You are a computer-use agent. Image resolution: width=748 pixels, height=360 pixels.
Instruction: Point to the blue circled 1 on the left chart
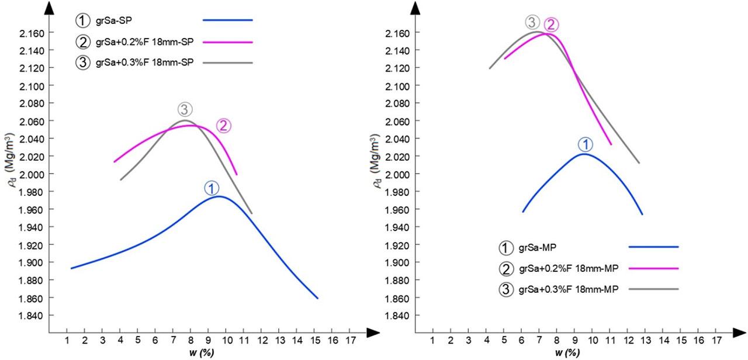(212, 188)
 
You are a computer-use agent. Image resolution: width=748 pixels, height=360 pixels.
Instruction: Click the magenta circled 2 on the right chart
(551, 25)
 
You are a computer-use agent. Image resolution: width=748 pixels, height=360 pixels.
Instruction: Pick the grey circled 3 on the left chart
(185, 109)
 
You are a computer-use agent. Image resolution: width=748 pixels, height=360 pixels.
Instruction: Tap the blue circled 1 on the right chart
(585, 144)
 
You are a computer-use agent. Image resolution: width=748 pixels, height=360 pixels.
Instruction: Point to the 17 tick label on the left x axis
(349, 341)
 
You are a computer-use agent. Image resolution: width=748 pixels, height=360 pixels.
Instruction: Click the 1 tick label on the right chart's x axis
(432, 341)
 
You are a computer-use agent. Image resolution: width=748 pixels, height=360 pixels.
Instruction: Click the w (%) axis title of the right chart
(567, 353)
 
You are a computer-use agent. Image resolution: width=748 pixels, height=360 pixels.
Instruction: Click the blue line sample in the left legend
(227, 20)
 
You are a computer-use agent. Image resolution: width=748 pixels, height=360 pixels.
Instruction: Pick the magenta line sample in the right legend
(653, 268)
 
